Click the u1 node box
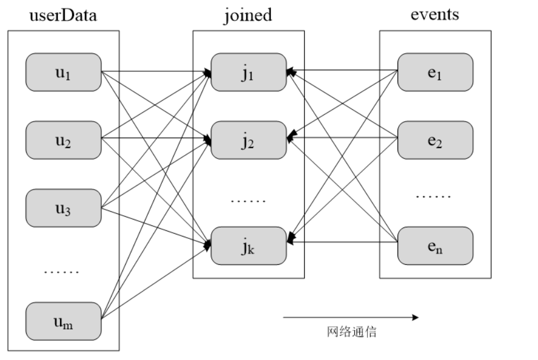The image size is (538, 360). pos(63,72)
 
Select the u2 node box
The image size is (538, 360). pos(63,140)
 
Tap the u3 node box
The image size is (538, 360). pos(63,208)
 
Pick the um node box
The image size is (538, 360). pos(63,321)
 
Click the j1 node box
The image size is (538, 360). pos(249,72)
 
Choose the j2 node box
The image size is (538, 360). pos(249,140)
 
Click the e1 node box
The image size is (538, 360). pos(435,72)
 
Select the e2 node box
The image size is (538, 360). pos(435,140)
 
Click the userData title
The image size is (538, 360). pos(63,15)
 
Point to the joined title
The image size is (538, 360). pos(248,15)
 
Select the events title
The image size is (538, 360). pos(434,15)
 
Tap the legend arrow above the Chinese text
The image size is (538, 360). pos(351,318)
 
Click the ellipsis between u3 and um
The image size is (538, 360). pos(62,272)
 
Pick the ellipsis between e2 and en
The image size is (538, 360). pos(433,196)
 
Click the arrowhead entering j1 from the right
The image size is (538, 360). pos(289,71)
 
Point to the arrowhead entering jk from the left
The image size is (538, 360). pos(208,243)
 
